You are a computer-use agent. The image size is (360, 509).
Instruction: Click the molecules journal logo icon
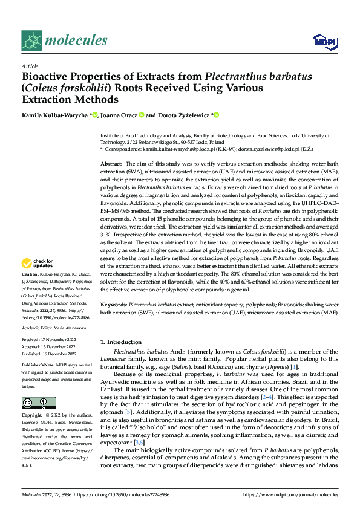point(31,41)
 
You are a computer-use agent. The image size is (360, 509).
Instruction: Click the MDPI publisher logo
point(321,41)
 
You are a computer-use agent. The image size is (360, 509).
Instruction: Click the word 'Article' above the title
point(30,66)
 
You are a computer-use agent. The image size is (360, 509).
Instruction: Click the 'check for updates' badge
point(39,264)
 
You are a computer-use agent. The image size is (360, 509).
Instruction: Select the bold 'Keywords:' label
point(114,305)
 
